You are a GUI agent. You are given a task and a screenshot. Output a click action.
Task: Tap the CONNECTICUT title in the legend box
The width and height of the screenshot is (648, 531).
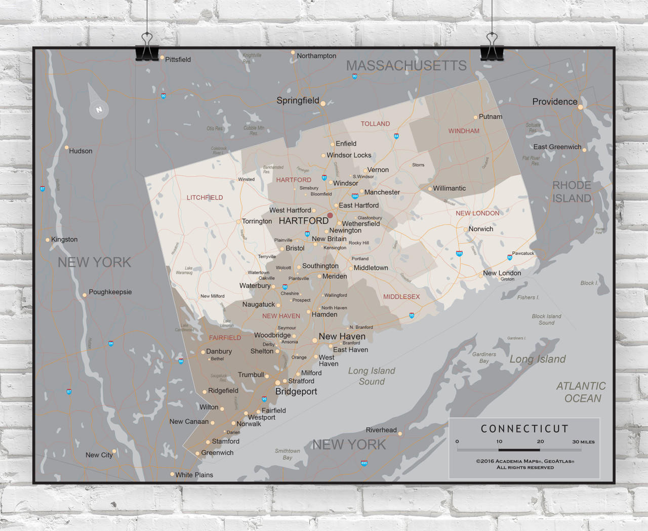[524, 429]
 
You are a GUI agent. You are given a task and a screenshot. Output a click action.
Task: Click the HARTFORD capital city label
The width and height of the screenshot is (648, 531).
[303, 221]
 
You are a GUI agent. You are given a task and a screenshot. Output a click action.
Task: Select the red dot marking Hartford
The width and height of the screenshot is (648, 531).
[330, 216]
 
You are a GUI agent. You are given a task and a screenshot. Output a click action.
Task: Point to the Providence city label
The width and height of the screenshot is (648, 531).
[554, 102]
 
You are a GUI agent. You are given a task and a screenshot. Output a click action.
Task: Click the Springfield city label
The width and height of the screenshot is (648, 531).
[298, 100]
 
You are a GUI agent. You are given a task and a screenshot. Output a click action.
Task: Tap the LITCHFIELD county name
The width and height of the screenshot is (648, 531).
[205, 197]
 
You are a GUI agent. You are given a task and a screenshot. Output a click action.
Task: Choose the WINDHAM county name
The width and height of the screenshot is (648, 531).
[463, 131]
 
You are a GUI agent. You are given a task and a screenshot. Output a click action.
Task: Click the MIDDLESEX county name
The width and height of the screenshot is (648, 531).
[401, 297]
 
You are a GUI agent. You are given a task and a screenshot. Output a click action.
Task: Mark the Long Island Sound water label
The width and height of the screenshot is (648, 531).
[372, 376]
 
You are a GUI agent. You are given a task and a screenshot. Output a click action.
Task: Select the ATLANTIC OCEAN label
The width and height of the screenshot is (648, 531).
[581, 392]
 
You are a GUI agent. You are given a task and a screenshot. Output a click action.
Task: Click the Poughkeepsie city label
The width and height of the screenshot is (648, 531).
[110, 292]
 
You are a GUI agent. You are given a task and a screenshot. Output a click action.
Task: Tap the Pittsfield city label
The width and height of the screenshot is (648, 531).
[178, 59]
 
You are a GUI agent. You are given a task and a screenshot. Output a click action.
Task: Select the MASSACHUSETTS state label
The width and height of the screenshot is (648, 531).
[406, 66]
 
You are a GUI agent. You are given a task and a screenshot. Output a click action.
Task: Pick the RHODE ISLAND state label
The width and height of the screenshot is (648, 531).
[572, 192]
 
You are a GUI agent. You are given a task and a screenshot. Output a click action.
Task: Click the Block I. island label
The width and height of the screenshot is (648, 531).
[589, 283]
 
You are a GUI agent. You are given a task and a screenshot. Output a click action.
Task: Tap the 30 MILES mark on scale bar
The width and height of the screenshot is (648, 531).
[583, 442]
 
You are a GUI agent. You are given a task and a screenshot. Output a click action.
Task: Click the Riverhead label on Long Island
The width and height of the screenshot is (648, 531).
[381, 430]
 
